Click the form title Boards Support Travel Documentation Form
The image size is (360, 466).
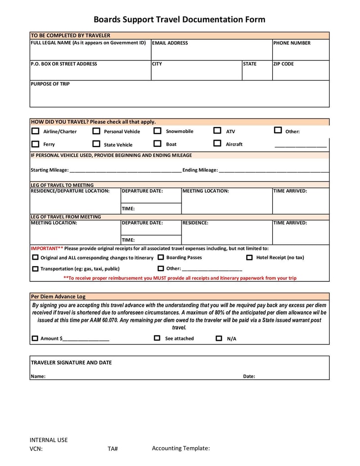pyautogui.click(x=179, y=19)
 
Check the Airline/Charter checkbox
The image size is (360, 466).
pyautogui.click(x=35, y=131)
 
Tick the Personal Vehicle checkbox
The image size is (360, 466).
pyautogui.click(x=96, y=131)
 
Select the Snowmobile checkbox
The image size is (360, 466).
pyautogui.click(x=157, y=131)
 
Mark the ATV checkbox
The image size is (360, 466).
pyautogui.click(x=217, y=131)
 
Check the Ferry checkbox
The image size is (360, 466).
pyautogui.click(x=35, y=145)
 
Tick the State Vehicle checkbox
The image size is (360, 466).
pyautogui.click(x=96, y=144)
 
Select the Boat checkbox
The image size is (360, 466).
pyautogui.click(x=157, y=144)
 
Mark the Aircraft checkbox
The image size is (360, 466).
pyautogui.click(x=217, y=144)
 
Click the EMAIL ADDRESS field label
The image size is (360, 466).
pyautogui.click(x=170, y=43)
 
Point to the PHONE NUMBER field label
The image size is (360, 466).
pyautogui.click(x=292, y=43)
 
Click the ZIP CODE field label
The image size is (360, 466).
pyautogui.click(x=283, y=64)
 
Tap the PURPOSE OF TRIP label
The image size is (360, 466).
pyautogui.click(x=50, y=84)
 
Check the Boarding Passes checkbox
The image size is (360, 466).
pyautogui.click(x=161, y=258)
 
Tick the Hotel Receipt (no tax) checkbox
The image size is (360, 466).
pyautogui.click(x=249, y=258)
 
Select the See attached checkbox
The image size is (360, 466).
pyautogui.click(x=157, y=338)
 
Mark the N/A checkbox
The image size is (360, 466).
pyautogui.click(x=219, y=338)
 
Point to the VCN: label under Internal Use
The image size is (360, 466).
pyautogui.click(x=36, y=448)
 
